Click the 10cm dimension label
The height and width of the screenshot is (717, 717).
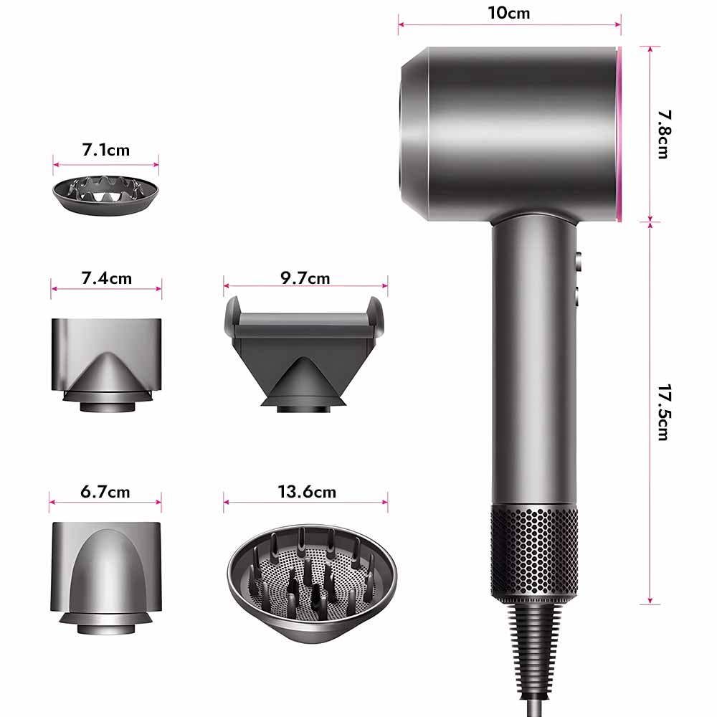click(x=509, y=13)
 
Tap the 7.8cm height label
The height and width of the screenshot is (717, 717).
click(x=664, y=134)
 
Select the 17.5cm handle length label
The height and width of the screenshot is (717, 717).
click(x=664, y=412)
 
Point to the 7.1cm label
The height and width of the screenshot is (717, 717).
click(x=105, y=150)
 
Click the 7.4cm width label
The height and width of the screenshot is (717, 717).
click(x=107, y=278)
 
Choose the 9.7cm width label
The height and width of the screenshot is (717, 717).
click(x=305, y=278)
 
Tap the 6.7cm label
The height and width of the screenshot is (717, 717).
click(x=105, y=492)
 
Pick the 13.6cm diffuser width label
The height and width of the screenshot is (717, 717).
click(x=307, y=492)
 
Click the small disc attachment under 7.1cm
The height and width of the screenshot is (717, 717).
click(x=105, y=195)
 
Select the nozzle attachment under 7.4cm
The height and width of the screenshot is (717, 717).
click(x=106, y=365)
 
